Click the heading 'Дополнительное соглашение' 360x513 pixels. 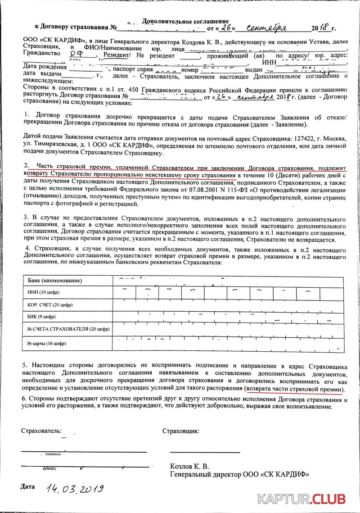(x=185, y=21)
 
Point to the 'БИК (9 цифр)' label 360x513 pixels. (x=41, y=317)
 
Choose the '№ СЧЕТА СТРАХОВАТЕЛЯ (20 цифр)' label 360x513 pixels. (x=68, y=329)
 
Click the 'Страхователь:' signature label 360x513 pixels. (x=42, y=431)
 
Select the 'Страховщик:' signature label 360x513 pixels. (x=181, y=431)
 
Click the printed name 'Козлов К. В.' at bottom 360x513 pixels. (x=189, y=466)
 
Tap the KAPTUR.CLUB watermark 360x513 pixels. (x=301, y=499)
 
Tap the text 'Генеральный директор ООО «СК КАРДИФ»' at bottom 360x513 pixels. (x=239, y=474)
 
